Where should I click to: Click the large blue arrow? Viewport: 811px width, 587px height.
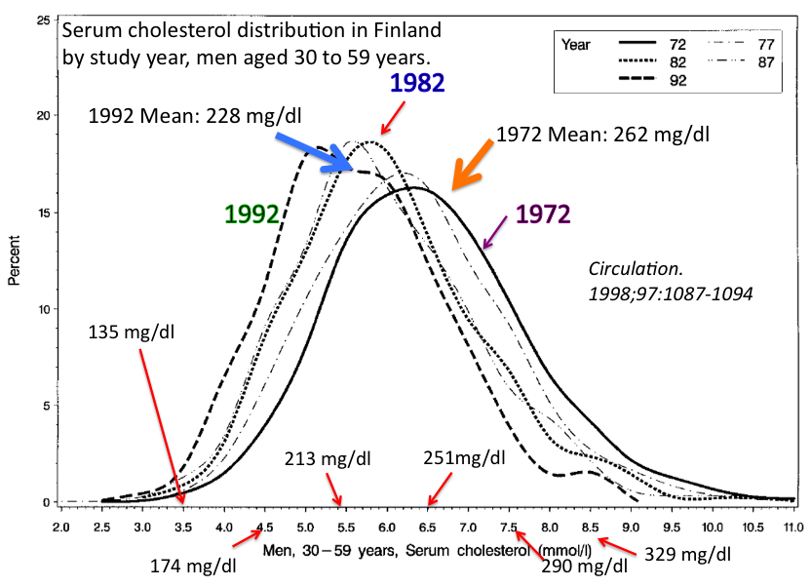coord(312,150)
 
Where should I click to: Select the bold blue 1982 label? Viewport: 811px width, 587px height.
coord(417,83)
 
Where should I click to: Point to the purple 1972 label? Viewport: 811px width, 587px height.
coord(543,213)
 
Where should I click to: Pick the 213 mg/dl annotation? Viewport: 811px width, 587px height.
coord(328,458)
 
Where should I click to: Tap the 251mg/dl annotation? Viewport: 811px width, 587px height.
coord(465,458)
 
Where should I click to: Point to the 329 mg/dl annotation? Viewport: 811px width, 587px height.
coord(687,554)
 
